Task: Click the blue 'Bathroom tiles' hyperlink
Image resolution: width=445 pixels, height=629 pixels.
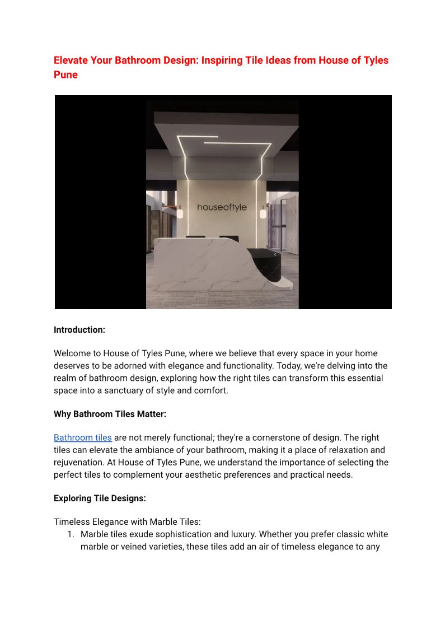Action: coord(83,437)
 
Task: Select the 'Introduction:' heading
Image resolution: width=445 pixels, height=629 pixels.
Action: coord(79,330)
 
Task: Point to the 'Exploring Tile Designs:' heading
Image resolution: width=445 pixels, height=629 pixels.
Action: coord(100,498)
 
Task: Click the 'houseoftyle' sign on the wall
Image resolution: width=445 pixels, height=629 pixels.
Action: coord(222,207)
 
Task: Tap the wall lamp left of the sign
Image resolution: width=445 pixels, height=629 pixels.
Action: coord(180,212)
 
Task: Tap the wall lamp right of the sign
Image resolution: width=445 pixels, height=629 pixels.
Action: coord(263,212)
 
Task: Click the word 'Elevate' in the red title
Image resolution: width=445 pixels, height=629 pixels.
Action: coord(73,60)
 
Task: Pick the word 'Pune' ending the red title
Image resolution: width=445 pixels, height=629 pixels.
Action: coord(65,74)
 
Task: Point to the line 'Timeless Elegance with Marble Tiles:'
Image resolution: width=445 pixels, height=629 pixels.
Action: coord(127,521)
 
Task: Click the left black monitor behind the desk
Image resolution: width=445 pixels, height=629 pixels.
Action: coord(195,237)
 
